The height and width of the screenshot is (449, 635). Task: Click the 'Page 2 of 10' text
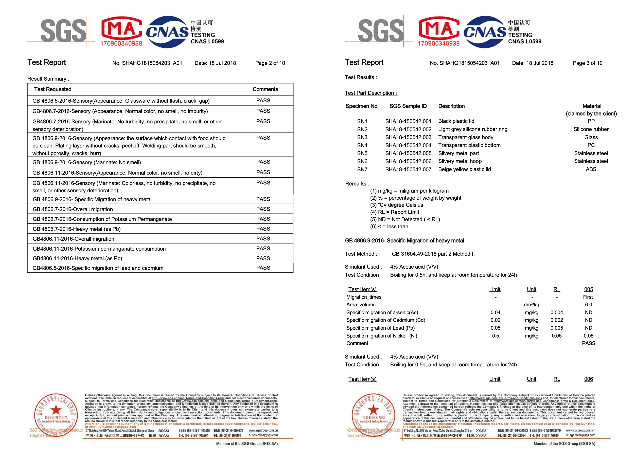[270, 63]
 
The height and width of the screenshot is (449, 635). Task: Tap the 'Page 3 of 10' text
[587, 63]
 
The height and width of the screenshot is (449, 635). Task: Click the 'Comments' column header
[265, 89]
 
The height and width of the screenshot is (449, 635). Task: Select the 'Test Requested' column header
[52, 89]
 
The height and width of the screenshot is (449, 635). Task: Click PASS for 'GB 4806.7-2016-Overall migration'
[263, 209]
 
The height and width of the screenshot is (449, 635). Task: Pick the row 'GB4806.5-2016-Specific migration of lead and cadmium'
[98, 268]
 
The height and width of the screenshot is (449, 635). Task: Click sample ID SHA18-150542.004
[408, 145]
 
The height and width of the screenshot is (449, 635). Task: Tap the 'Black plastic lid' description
[456, 121]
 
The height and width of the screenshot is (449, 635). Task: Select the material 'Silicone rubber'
[591, 129]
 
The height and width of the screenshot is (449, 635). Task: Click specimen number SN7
[362, 170]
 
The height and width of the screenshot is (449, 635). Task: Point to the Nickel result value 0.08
[588, 336]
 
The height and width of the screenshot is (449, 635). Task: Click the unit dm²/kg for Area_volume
[531, 305]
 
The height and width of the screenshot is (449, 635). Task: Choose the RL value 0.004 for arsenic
[556, 312]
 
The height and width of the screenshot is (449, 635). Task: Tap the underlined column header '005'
[588, 289]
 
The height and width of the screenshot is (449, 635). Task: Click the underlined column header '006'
[588, 379]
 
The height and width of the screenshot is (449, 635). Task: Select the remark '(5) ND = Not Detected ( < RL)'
[405, 219]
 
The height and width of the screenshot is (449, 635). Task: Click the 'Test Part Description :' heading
[371, 93]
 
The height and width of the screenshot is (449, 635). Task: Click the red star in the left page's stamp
[56, 410]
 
